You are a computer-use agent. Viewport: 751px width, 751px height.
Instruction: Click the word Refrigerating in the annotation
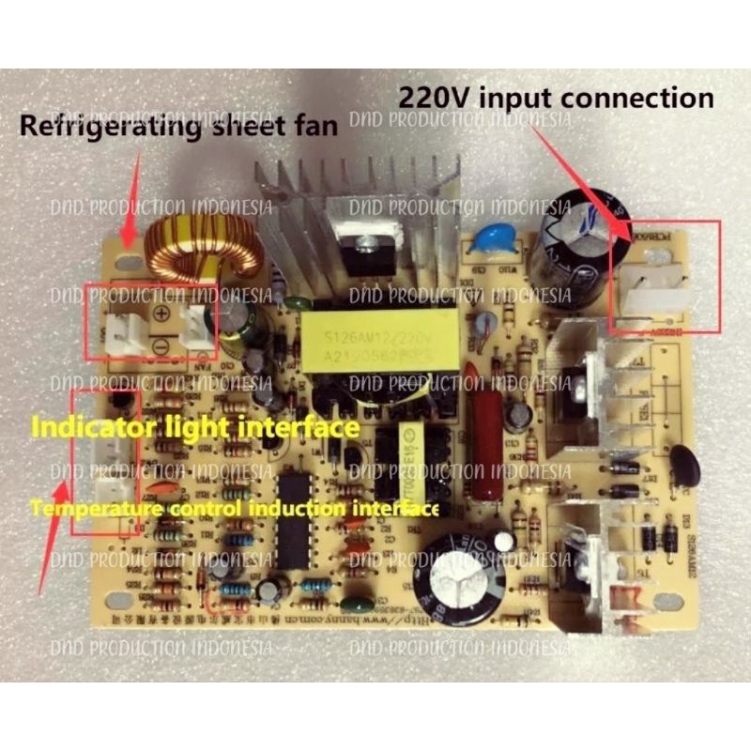coord(99,127)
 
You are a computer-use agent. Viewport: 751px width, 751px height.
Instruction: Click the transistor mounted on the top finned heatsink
coord(361,246)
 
